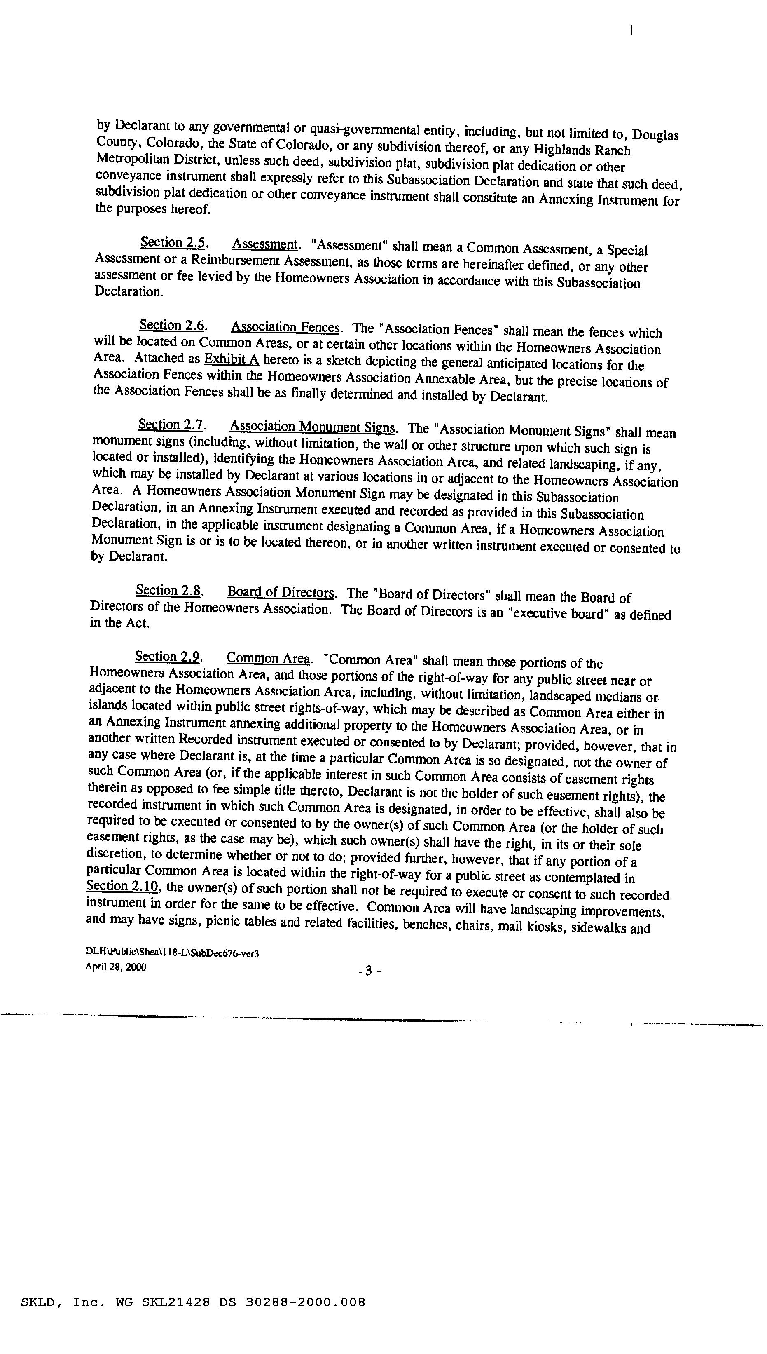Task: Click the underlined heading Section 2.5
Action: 173,243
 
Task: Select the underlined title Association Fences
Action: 285,327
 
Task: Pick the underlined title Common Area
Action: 268,658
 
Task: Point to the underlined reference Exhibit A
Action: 231,359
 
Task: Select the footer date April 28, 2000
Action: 116,967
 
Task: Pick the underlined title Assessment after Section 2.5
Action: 265,244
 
